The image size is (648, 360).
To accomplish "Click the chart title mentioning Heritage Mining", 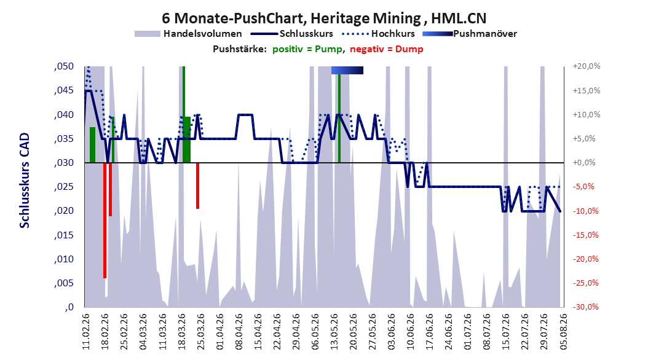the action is click(x=324, y=18).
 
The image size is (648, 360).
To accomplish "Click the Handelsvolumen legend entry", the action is click(x=189, y=34).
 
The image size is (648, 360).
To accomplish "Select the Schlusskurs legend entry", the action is click(x=292, y=34).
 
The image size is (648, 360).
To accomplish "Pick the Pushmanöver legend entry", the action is click(x=470, y=34).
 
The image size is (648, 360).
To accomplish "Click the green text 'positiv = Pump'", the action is click(x=307, y=49).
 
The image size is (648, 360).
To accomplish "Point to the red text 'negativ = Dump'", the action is click(x=387, y=49).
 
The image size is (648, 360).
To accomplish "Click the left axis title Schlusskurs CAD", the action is click(x=25, y=181).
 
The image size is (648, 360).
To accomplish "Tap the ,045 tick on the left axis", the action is click(x=64, y=90).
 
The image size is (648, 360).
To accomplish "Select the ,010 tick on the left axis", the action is click(x=64, y=259).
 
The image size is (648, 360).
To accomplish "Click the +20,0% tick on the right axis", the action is click(x=587, y=66).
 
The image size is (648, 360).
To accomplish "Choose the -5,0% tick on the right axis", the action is click(x=585, y=187).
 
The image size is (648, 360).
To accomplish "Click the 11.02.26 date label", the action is click(x=86, y=332).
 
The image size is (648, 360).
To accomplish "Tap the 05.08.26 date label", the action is click(x=563, y=332).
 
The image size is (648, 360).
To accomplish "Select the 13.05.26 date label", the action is click(x=334, y=332).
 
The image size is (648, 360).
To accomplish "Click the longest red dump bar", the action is click(x=105, y=221).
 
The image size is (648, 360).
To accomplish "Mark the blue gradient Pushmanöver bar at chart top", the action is click(x=347, y=70).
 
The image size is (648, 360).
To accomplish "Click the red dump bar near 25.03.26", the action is click(x=197, y=186).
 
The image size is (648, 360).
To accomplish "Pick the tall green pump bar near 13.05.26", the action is click(x=339, y=119).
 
